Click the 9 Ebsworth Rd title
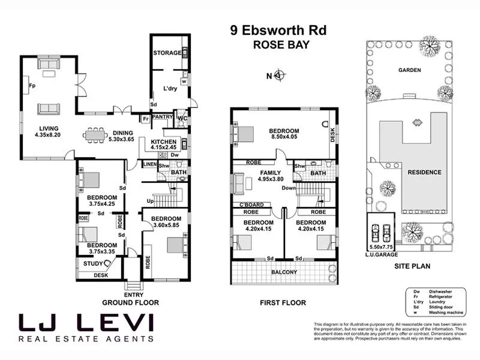[278, 30]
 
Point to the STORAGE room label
[166, 53]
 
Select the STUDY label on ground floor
[93, 263]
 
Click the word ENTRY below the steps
[133, 295]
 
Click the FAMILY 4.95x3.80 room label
[271, 175]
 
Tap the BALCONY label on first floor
[284, 272]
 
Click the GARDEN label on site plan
[410, 70]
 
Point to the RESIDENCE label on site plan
[424, 172]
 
